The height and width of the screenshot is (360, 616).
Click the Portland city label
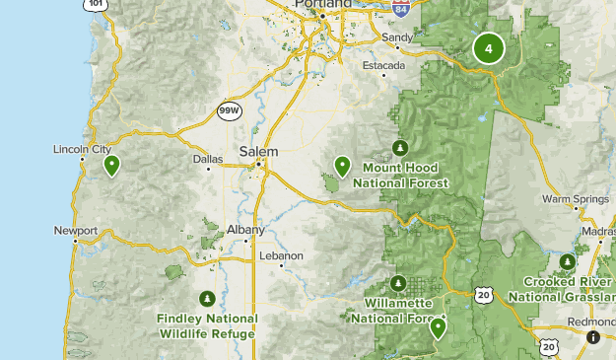[324, 5]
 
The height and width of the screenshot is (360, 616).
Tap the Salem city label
[258, 152]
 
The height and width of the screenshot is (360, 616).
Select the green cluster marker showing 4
[488, 48]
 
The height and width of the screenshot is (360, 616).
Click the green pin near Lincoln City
[112, 165]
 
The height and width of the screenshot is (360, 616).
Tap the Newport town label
[76, 232]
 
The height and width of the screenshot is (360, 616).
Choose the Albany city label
[245, 230]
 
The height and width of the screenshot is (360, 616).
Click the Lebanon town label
[280, 255]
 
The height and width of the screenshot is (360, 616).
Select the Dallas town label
[208, 158]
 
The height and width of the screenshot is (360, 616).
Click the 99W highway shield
[229, 110]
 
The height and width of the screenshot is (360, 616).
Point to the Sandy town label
[397, 37]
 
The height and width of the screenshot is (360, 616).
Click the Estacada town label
[384, 65]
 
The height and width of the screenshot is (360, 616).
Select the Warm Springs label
[576, 199]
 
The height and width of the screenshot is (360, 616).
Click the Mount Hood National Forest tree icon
[399, 148]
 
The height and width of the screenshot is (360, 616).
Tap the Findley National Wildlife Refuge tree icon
[207, 298]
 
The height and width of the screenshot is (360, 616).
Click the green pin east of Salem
[342, 166]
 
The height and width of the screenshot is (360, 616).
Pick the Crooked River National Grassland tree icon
[567, 261]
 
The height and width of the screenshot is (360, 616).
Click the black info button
[592, 337]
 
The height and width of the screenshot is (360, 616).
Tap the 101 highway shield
[95, 4]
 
